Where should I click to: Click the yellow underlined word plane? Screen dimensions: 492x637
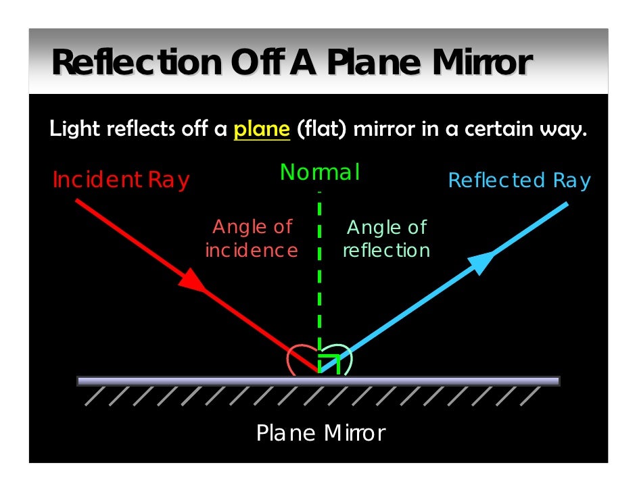click(x=262, y=128)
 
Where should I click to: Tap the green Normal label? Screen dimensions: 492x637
click(x=319, y=173)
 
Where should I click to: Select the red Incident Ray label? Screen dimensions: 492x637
click(x=120, y=180)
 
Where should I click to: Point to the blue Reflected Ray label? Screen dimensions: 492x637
click(x=519, y=180)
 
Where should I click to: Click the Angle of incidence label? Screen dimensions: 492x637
click(x=252, y=239)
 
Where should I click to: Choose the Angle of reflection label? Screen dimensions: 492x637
click(x=386, y=239)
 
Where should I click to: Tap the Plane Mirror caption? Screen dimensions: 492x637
click(x=321, y=433)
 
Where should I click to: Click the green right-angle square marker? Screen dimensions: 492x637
click(x=330, y=362)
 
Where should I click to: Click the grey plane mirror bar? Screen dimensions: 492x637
click(x=318, y=381)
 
